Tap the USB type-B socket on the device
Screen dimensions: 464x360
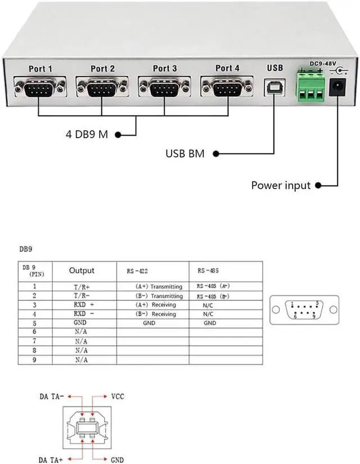[274, 87]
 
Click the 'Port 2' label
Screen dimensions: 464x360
[102, 69]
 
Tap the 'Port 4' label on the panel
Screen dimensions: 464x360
[227, 68]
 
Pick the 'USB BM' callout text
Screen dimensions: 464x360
[184, 154]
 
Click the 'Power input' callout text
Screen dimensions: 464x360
[281, 185]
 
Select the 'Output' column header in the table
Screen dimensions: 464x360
[82, 271]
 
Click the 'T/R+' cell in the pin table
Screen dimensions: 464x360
[82, 287]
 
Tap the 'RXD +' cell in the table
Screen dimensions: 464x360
[82, 304]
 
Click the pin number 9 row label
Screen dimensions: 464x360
[34, 358]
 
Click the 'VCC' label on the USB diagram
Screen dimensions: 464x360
[118, 396]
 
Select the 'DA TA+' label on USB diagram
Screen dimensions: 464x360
[51, 461]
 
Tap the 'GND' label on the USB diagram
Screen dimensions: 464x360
[117, 461]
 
